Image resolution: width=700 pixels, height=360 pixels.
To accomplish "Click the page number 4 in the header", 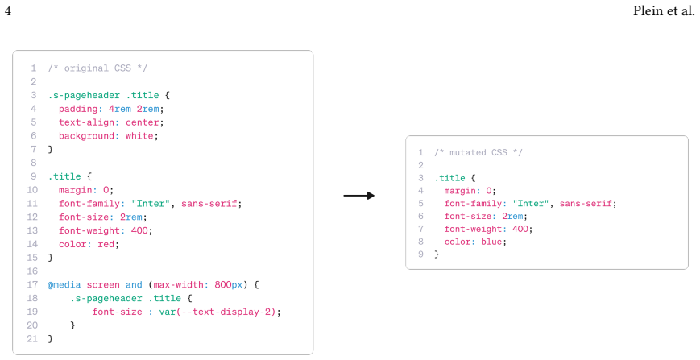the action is (7, 10).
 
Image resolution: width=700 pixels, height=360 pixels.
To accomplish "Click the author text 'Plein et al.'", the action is (664, 10).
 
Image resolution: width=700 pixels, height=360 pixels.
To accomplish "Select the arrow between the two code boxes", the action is (359, 196).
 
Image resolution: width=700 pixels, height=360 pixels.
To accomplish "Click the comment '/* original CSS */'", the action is (97, 68).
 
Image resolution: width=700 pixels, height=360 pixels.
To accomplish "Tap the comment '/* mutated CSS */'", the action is (478, 152).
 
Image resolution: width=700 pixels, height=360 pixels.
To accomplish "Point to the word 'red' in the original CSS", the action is (106, 244).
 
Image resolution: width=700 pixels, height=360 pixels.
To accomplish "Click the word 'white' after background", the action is (139, 135).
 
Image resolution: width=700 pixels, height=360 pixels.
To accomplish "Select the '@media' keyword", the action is (64, 284).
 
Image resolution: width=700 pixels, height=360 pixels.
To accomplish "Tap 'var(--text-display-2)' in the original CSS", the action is (217, 312).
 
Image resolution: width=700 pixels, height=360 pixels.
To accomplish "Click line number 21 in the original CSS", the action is (32, 338).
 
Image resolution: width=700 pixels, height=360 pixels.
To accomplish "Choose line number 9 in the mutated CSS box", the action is (420, 254).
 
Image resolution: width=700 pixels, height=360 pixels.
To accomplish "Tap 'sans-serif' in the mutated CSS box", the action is (586, 204).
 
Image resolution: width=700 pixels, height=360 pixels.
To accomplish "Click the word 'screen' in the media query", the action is (103, 284).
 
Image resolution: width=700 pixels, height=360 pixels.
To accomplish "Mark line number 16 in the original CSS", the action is (32, 271).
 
